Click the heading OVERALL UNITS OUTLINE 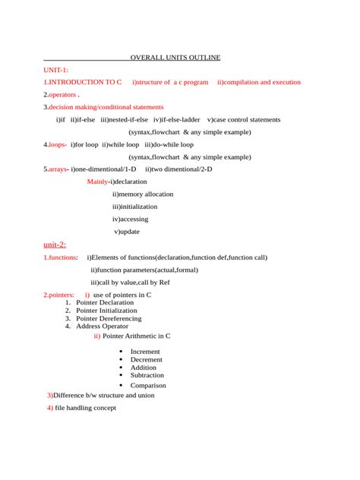175,58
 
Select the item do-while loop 172,144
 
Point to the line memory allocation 144,194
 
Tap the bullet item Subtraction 147,375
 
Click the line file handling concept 85,408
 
